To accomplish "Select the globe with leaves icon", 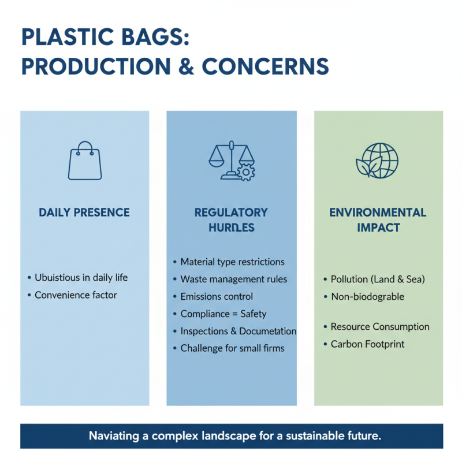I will pyautogui.click(x=377, y=160).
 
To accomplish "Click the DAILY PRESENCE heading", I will pyautogui.click(x=84, y=213).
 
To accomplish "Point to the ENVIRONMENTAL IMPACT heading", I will pyautogui.click(x=378, y=219).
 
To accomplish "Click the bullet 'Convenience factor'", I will pyautogui.click(x=76, y=295).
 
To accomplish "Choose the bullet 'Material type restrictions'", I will pyautogui.click(x=232, y=262).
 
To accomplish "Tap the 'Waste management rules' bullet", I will pyautogui.click(x=233, y=279).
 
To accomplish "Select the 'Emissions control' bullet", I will pyautogui.click(x=217, y=296).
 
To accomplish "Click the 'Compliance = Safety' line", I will pyautogui.click(x=223, y=314).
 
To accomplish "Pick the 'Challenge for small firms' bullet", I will pyautogui.click(x=232, y=348).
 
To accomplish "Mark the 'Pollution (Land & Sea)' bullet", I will pyautogui.click(x=378, y=279).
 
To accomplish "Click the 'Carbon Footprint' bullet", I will pyautogui.click(x=367, y=344).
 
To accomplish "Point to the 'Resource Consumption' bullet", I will pyautogui.click(x=380, y=327).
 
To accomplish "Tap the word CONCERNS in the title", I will pyautogui.click(x=265, y=66).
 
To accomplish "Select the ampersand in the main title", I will pyautogui.click(x=185, y=66).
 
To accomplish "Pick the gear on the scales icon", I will pyautogui.click(x=246, y=172).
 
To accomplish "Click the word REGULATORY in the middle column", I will pyautogui.click(x=231, y=213).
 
